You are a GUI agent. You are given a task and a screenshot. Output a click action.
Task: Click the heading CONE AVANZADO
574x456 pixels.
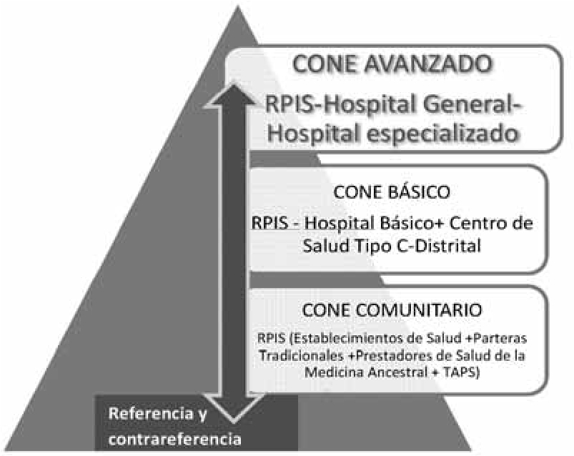coord(392,64)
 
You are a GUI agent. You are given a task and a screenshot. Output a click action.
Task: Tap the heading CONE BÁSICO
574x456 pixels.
coord(391,192)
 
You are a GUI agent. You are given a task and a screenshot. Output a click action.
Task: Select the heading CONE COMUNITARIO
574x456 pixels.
coord(392,310)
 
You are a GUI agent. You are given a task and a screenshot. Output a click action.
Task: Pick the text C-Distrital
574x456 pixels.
coord(439,246)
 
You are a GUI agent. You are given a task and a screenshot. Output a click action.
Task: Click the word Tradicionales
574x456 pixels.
coord(302,355)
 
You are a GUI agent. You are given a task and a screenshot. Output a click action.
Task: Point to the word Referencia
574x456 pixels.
coord(150,414)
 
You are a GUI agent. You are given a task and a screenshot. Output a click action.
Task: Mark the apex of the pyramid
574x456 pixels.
coord(238,6)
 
